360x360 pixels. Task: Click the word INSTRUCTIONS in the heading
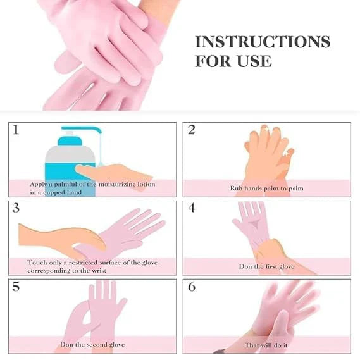[262, 42]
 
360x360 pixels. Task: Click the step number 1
[15, 130]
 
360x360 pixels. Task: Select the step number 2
[191, 130]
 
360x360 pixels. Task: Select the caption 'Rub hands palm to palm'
[266, 188]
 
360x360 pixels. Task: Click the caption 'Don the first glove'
[266, 266]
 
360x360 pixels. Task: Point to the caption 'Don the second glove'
[92, 345]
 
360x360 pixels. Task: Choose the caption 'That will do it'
[266, 345]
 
